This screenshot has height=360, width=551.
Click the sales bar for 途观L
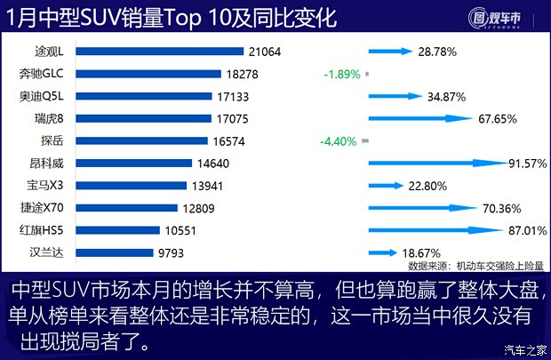167,52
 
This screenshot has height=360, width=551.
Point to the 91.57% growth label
525,164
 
